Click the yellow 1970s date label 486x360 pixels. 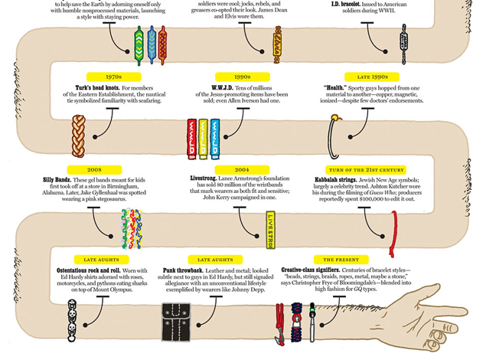click(113, 77)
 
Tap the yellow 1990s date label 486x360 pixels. click(242, 77)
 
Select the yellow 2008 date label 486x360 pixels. click(94, 169)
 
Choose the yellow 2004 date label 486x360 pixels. click(242, 169)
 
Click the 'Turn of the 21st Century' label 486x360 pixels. click(366, 169)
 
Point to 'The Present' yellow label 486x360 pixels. click(341, 260)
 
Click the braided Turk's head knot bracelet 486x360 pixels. click(78, 135)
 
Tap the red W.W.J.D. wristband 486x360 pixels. click(192, 138)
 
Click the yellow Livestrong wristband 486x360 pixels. click(270, 230)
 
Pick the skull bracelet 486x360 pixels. click(73, 320)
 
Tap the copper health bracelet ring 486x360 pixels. click(334, 136)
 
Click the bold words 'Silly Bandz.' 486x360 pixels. click(57, 179)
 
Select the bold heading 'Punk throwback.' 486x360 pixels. click(183, 270)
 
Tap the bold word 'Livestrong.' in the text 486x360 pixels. click(204, 179)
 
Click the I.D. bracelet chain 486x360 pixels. click(403, 41)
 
